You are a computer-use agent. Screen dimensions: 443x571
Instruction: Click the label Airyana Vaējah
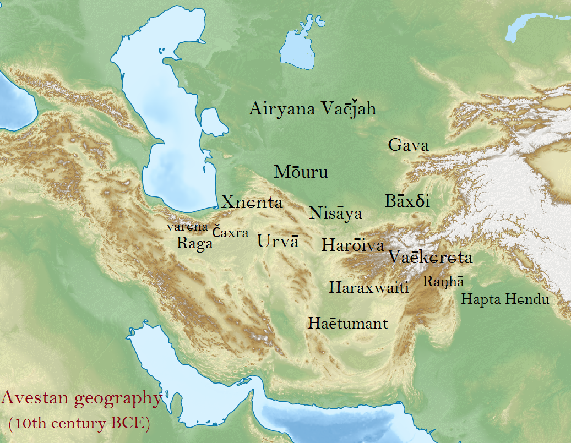(312, 109)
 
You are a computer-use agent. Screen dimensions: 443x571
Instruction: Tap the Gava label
(408, 145)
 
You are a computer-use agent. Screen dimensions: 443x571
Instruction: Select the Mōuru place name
(301, 172)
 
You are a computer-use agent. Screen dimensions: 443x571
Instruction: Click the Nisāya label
(335, 214)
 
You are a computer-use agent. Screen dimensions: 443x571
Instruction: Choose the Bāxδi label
(407, 201)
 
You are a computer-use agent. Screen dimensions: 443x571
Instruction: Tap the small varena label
(187, 226)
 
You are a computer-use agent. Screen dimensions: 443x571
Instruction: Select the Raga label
(194, 243)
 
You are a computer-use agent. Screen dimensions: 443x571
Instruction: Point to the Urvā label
(278, 241)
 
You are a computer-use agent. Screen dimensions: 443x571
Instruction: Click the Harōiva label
(352, 245)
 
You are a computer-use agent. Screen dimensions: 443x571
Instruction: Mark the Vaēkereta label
(430, 257)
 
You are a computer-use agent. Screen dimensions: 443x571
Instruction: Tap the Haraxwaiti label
(368, 287)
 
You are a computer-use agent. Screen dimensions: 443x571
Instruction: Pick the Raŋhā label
(443, 282)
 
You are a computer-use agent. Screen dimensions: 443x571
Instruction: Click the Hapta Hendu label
(505, 299)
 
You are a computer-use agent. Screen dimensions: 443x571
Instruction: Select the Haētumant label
(348, 323)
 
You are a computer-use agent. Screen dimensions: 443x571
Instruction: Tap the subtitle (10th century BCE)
(79, 425)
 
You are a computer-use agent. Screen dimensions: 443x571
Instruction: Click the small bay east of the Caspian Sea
(214, 122)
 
